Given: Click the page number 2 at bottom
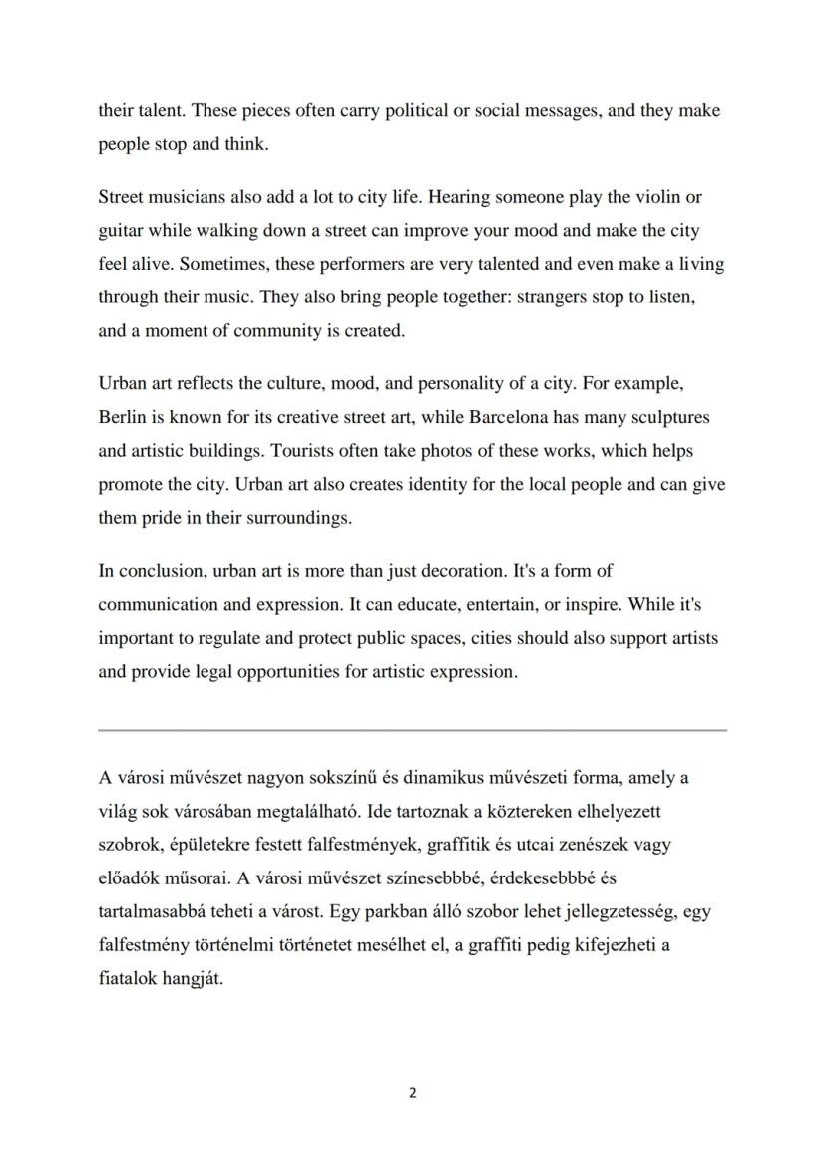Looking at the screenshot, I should coord(413,1093).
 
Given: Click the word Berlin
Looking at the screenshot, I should coord(122,416).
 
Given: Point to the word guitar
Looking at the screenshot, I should coord(121,231).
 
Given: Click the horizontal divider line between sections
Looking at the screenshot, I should coord(412,730).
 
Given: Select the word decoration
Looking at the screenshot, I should coord(459,571).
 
